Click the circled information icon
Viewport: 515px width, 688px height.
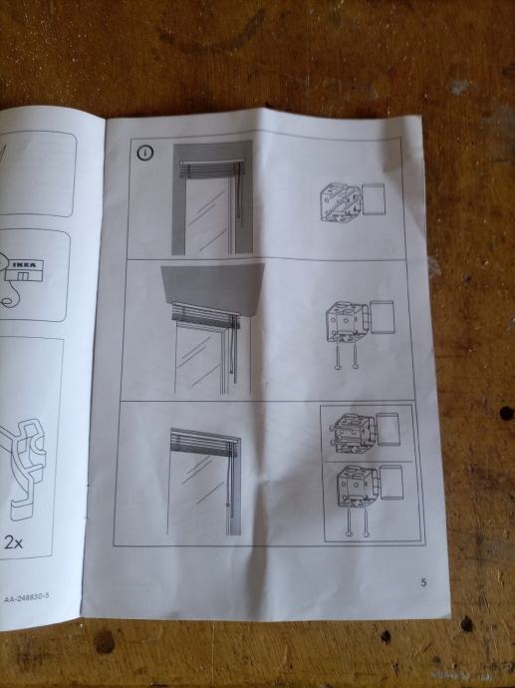(145, 153)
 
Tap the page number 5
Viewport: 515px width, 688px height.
(423, 582)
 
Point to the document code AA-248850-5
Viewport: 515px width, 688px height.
(26, 597)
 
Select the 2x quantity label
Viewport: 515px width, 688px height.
(14, 542)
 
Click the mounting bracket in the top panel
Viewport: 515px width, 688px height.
(341, 202)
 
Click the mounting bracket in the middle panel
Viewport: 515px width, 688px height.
(346, 321)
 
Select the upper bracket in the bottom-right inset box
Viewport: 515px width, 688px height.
(355, 432)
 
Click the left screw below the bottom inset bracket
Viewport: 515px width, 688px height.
(349, 522)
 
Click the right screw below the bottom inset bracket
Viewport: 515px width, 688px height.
(366, 522)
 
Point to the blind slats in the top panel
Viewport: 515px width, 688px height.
(210, 169)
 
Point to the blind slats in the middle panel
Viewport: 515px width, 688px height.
(206, 316)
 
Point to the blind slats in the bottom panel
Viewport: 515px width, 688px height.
(205, 443)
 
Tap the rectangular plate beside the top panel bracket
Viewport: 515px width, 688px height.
(374, 199)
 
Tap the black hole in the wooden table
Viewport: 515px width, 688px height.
(506, 413)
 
